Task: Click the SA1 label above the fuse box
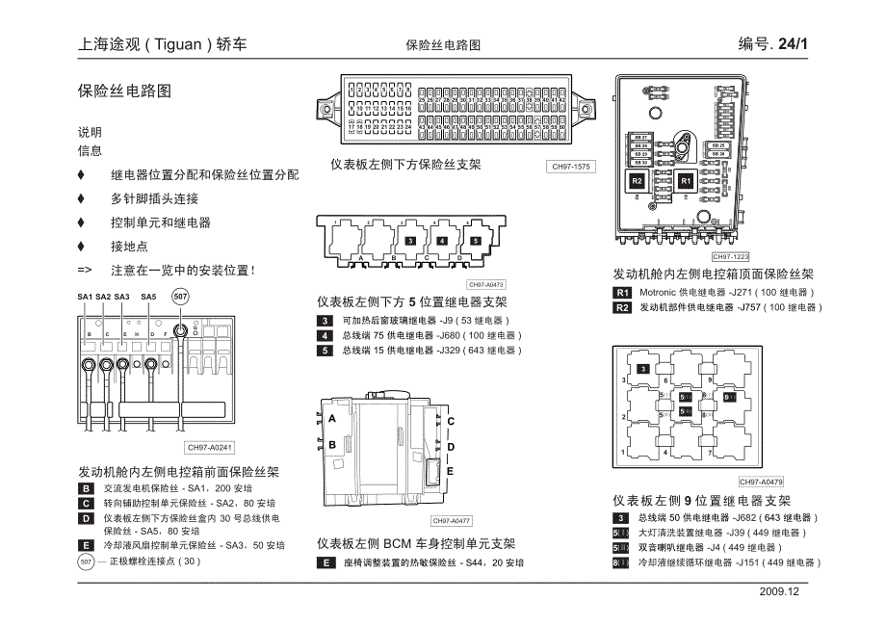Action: coord(85,297)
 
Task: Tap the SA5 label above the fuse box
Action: coord(148,297)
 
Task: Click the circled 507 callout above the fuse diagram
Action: coord(180,297)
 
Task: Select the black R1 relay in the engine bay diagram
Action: coord(685,181)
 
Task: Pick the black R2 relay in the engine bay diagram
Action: coord(637,181)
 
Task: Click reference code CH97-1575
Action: coord(570,167)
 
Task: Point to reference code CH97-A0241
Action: coord(211,448)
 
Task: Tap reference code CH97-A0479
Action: coord(762,482)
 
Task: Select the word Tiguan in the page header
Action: coord(178,44)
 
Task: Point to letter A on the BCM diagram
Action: coord(332,420)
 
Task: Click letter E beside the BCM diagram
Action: coord(450,471)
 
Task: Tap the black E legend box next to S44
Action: coord(326,562)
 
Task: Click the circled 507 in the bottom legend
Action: coord(87,561)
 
